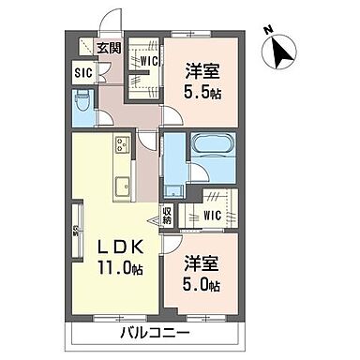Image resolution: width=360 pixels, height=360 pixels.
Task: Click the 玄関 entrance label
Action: (x=108, y=49)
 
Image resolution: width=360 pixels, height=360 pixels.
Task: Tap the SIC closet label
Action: (x=82, y=71)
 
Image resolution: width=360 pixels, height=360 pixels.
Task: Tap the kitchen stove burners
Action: (x=121, y=144)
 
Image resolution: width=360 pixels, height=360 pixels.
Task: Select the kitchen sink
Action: (x=120, y=185)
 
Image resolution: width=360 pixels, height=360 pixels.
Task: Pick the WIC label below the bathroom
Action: (x=212, y=215)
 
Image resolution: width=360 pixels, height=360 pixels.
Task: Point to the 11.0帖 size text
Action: (x=121, y=269)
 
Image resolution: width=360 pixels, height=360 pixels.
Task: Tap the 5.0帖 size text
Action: (x=201, y=284)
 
